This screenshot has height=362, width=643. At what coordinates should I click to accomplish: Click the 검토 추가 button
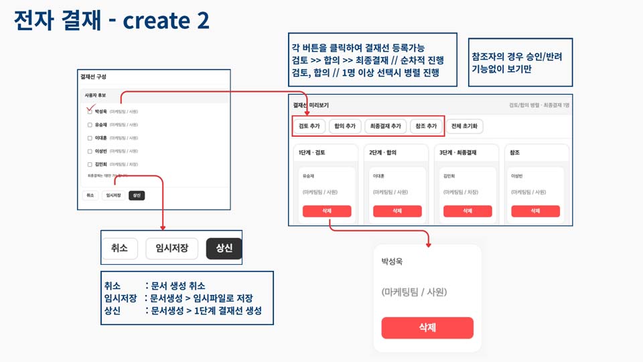310,126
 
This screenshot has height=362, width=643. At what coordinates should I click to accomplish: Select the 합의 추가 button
345,126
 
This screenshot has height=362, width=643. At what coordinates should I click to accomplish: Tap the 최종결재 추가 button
386,126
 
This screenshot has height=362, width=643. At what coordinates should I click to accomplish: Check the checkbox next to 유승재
90,125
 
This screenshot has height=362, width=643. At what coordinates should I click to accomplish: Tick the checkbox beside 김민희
90,164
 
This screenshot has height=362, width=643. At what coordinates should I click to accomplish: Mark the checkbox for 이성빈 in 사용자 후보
90,151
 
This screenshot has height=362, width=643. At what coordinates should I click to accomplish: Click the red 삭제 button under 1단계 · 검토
327,211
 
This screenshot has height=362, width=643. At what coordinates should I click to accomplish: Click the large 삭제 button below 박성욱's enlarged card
427,328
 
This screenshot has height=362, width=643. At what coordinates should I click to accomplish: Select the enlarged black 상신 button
224,248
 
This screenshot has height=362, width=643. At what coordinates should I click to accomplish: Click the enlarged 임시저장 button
171,248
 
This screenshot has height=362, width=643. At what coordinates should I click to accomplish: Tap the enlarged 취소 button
119,248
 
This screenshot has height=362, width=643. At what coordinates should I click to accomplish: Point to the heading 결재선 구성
93,77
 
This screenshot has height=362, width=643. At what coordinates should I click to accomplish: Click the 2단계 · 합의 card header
384,153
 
